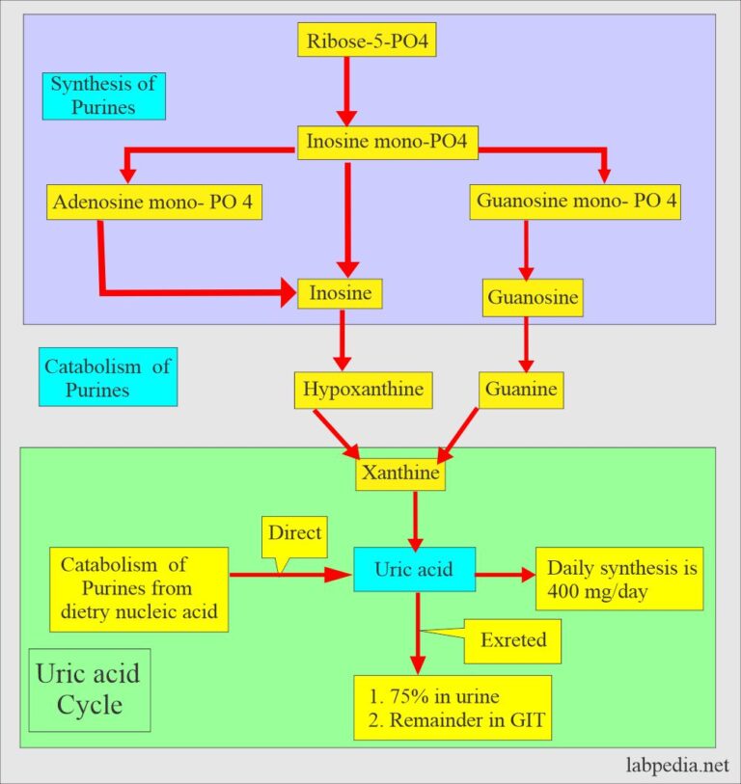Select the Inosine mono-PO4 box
click(386, 142)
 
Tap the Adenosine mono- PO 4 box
click(154, 203)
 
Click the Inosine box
click(340, 293)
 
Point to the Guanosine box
click(533, 297)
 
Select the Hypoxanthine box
click(363, 390)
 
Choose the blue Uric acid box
click(413, 570)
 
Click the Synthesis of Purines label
click(104, 95)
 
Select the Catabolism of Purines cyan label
click(108, 377)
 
